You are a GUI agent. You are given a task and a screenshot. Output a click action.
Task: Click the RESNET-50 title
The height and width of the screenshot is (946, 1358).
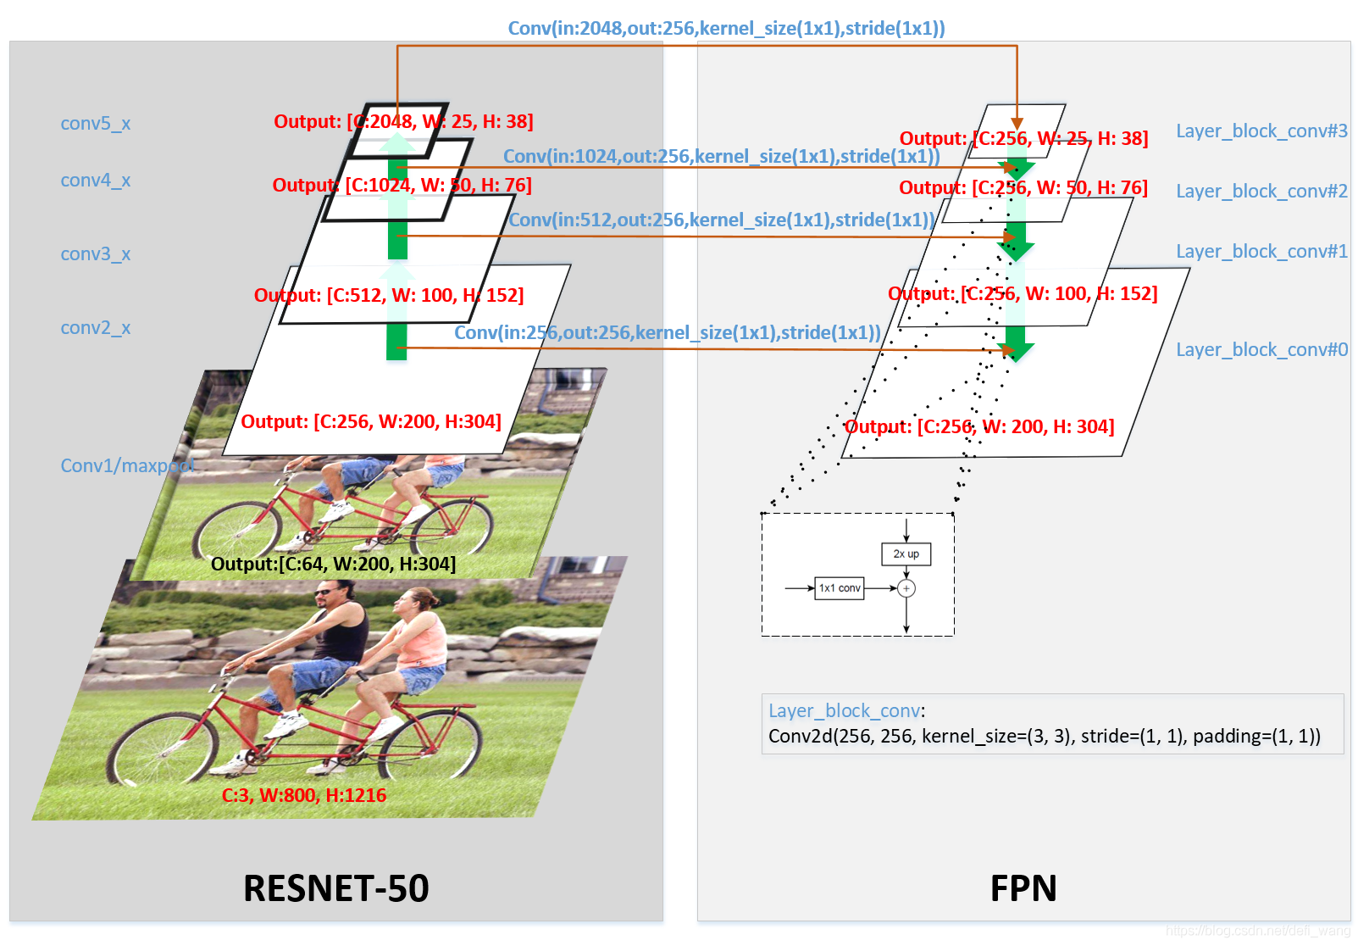pyautogui.click(x=335, y=888)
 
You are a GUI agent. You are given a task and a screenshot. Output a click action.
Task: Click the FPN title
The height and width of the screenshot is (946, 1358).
pyautogui.click(x=1023, y=888)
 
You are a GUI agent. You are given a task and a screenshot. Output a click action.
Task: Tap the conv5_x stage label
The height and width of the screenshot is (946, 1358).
pyautogui.click(x=95, y=124)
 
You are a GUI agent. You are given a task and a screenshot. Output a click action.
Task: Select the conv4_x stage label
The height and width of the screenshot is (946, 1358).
pyautogui.click(x=95, y=181)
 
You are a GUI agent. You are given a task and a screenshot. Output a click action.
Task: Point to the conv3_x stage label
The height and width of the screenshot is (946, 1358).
pyautogui.click(x=95, y=254)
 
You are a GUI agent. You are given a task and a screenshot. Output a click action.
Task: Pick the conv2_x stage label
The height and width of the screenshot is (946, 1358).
pyautogui.click(x=95, y=328)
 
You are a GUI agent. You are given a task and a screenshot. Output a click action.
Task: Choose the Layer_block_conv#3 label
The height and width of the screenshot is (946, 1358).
pyautogui.click(x=1261, y=131)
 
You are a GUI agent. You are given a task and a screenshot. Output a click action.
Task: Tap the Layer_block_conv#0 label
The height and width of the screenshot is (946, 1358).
pyautogui.click(x=1261, y=350)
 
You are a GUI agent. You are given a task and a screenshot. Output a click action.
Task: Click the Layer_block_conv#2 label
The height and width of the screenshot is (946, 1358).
pyautogui.click(x=1261, y=192)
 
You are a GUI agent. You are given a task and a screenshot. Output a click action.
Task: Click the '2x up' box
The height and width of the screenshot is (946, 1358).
pyautogui.click(x=906, y=554)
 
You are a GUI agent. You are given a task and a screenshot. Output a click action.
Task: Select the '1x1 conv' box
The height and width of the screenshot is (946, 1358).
pyautogui.click(x=840, y=588)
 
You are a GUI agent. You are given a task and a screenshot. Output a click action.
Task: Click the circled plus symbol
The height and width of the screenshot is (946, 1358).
pyautogui.click(x=906, y=588)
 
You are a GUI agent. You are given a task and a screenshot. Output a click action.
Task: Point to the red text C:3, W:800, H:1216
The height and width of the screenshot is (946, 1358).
pyautogui.click(x=303, y=795)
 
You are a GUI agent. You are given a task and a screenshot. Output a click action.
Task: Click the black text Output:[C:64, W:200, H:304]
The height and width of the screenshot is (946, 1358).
pyautogui.click(x=333, y=564)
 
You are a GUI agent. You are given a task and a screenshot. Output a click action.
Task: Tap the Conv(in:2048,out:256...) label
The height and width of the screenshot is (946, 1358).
pyautogui.click(x=726, y=28)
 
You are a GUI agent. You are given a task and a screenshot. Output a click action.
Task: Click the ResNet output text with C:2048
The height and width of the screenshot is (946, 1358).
pyautogui.click(x=403, y=121)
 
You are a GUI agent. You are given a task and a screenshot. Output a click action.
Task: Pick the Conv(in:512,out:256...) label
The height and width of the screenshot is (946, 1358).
pyautogui.click(x=721, y=220)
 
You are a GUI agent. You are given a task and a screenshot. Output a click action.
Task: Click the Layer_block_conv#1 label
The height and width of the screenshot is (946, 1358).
pyautogui.click(x=1261, y=252)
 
